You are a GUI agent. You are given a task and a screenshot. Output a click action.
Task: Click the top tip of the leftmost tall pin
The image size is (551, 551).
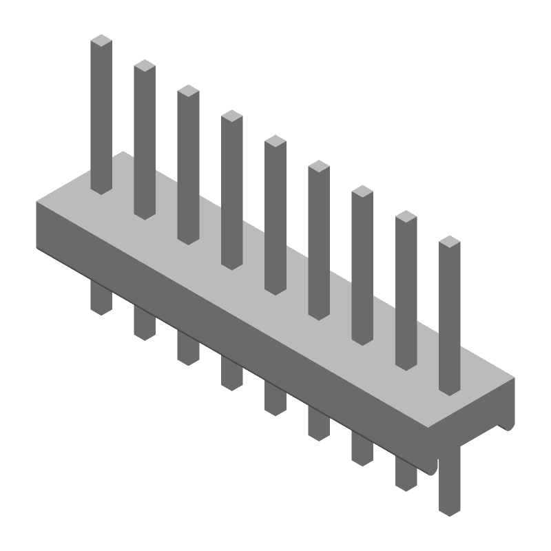click(101, 41)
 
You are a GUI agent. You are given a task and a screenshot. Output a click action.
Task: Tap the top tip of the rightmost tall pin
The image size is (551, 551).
click(449, 242)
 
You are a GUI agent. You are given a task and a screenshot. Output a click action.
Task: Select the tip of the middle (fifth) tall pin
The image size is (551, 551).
click(275, 141)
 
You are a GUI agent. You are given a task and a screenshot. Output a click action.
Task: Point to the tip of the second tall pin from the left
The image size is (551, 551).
click(145, 66)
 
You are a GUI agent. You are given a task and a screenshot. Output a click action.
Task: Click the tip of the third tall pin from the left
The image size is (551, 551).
click(188, 91)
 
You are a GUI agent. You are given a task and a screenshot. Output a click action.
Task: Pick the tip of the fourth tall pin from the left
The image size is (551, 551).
click(231, 116)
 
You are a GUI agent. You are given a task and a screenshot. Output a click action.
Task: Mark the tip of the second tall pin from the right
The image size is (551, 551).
click(406, 217)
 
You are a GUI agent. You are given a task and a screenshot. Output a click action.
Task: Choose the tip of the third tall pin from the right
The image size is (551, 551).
click(362, 191)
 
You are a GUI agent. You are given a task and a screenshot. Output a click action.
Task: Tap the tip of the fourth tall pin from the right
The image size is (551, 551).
click(319, 167)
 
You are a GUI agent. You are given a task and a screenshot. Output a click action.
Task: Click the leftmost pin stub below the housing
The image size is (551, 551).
click(101, 298)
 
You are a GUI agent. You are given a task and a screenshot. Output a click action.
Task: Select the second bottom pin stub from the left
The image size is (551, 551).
click(145, 323)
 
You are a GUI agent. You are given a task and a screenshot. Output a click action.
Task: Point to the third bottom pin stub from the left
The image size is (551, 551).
click(188, 349)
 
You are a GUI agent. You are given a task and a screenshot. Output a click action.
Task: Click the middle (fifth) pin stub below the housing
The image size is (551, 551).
click(275, 399)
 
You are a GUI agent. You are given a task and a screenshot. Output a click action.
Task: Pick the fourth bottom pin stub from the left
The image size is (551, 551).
click(231, 373)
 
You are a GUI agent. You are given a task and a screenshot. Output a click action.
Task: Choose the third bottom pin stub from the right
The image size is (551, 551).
click(362, 449)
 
